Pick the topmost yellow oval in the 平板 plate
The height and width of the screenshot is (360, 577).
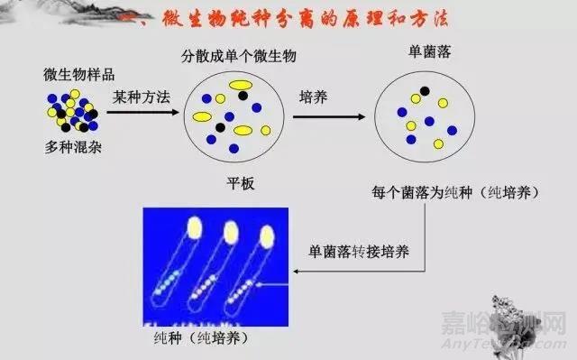tap(239, 86)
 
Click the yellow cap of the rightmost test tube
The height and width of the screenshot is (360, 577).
tap(266, 235)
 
